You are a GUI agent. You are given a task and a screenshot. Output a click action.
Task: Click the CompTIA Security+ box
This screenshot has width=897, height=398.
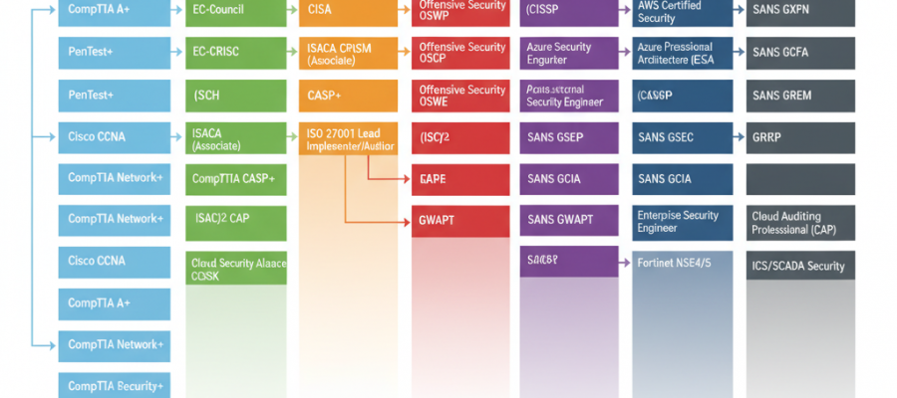(116, 385)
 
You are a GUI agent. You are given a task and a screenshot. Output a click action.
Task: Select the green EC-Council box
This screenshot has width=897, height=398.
(235, 12)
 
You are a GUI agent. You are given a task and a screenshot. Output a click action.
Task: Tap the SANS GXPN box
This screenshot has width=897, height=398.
(799, 12)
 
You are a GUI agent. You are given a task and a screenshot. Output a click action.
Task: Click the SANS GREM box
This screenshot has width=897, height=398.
(799, 96)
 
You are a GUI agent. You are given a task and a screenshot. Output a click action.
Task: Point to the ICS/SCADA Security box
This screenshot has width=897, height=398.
(799, 266)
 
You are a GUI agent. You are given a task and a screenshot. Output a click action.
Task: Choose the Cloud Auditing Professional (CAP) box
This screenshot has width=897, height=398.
(799, 221)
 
